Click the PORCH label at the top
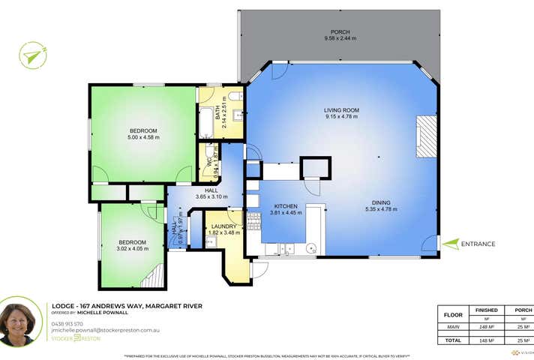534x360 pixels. [x=341, y=32]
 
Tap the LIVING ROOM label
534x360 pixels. [x=341, y=110]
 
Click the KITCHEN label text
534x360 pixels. [x=285, y=206]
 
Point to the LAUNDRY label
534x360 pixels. [x=223, y=226]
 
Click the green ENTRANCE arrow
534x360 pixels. [x=450, y=243]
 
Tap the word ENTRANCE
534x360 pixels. [x=478, y=244]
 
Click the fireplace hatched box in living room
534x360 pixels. [x=427, y=136]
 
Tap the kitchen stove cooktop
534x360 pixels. [x=253, y=220]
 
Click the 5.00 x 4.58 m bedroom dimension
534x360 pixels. [x=143, y=137]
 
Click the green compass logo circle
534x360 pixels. [x=33, y=55]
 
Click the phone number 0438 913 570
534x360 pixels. [x=67, y=323]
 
